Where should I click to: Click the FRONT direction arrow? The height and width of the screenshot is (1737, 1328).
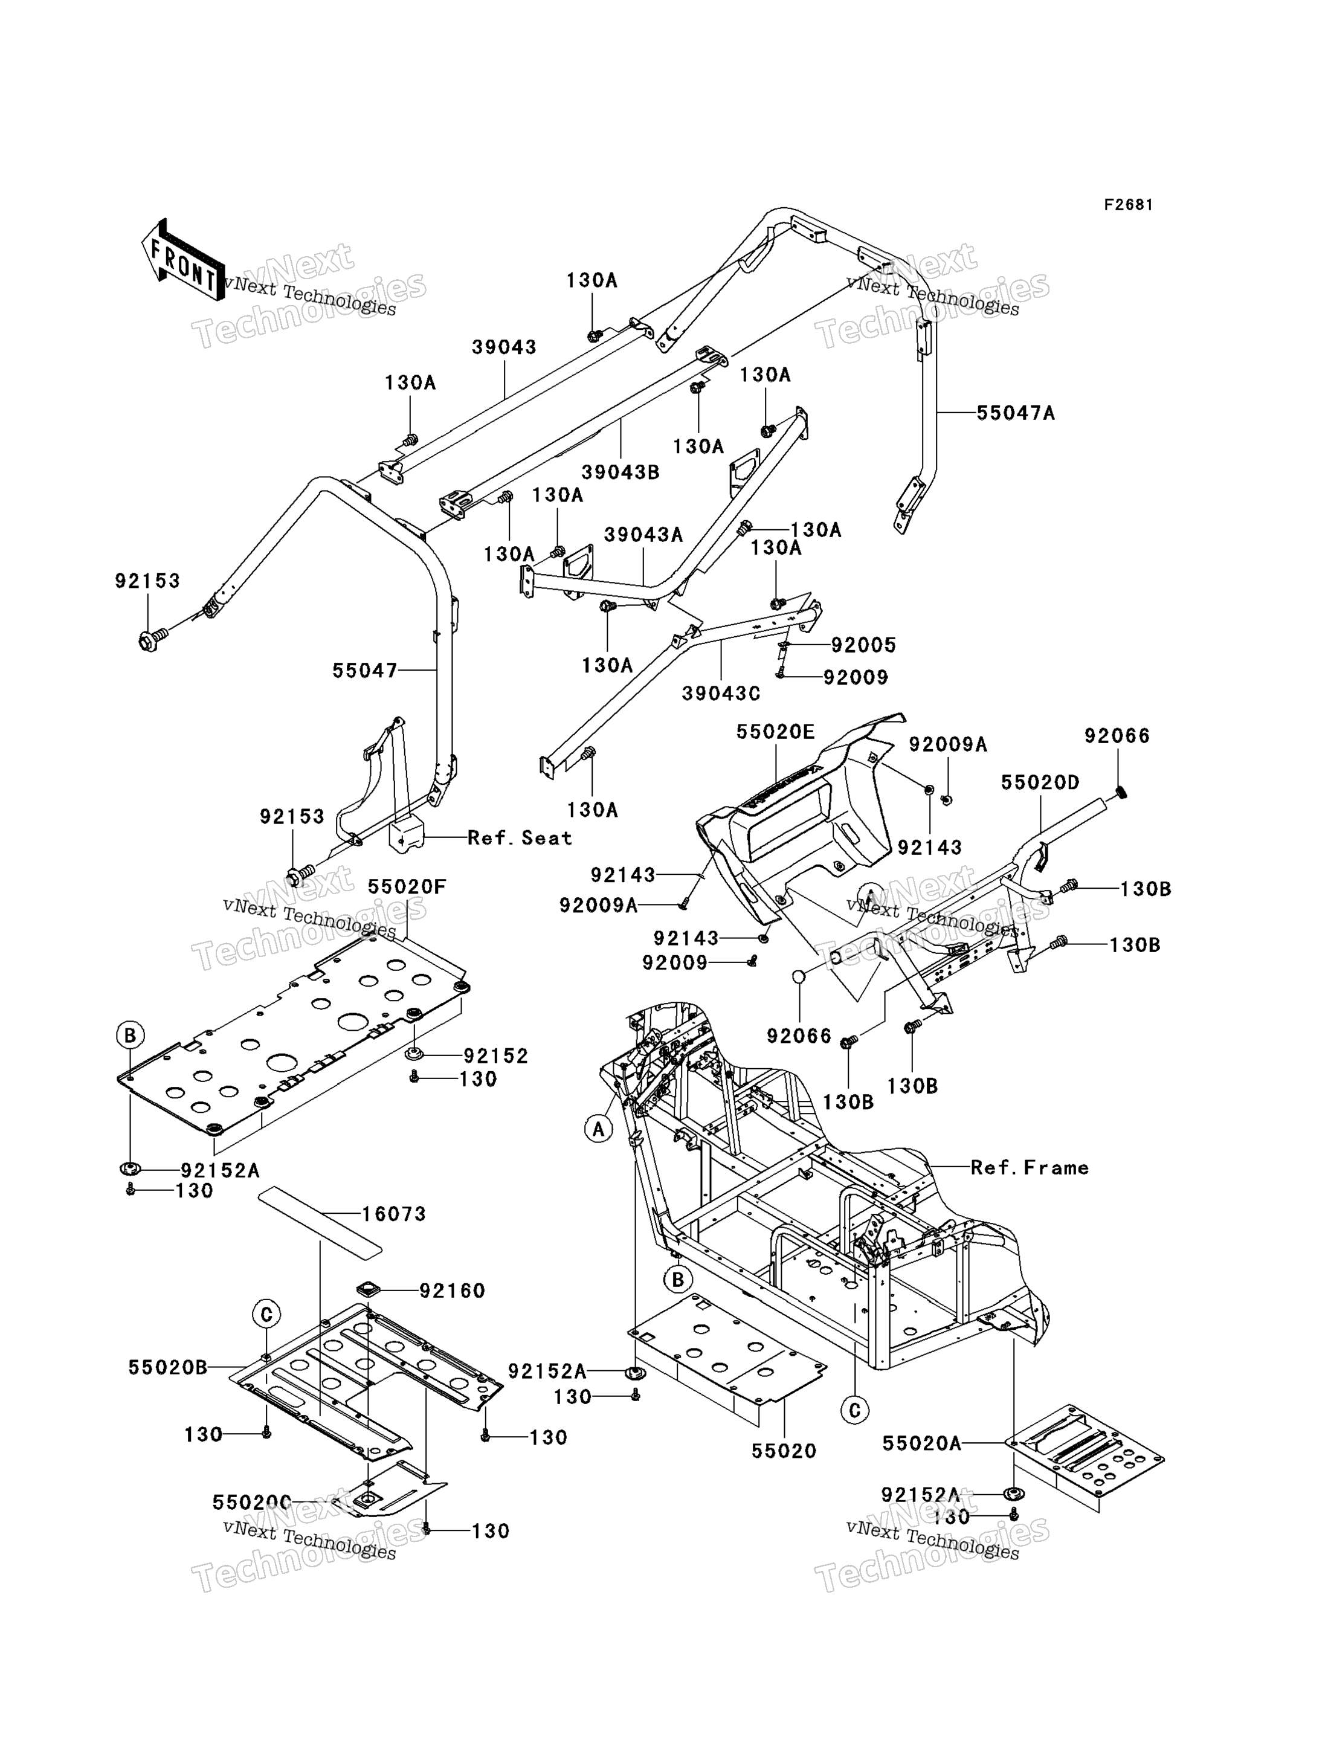tap(182, 259)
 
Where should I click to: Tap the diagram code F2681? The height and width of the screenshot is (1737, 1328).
tap(1129, 205)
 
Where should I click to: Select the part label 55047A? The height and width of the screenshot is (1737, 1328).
tap(1016, 413)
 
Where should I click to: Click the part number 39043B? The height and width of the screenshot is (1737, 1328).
tap(620, 472)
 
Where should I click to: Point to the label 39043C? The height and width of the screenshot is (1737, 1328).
tap(721, 693)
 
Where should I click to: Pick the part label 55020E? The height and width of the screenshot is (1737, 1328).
tap(775, 732)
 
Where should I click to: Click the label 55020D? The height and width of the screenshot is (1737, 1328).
tap(1040, 782)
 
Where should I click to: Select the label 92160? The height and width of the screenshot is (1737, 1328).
tap(452, 1291)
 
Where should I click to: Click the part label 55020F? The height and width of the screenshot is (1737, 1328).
tap(407, 887)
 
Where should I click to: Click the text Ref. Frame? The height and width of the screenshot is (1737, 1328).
tap(1030, 1167)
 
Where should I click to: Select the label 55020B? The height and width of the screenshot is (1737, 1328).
tap(167, 1367)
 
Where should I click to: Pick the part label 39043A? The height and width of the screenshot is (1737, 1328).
tap(643, 535)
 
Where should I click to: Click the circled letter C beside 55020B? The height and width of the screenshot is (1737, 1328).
tap(266, 1314)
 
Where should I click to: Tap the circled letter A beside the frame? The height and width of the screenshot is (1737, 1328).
tap(598, 1129)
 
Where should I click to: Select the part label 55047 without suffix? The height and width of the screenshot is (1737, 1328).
tap(364, 671)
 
